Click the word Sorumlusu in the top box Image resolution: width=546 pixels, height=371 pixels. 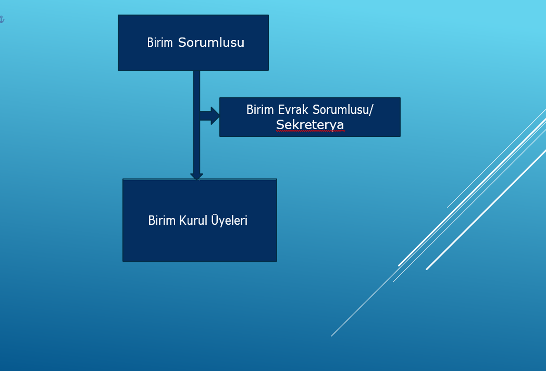click(211, 43)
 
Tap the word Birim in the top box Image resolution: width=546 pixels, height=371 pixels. click(160, 43)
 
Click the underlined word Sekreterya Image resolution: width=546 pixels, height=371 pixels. click(310, 124)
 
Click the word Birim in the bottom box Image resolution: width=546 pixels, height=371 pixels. click(162, 221)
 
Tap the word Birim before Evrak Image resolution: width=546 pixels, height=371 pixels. click(260, 109)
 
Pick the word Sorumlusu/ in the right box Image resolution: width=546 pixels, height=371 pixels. click(343, 109)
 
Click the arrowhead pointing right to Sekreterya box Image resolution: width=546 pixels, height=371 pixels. click(215, 116)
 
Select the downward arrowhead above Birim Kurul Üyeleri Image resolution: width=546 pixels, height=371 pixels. click(197, 176)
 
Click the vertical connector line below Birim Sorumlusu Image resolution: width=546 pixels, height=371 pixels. click(197, 122)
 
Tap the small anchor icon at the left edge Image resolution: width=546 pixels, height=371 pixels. click(2, 19)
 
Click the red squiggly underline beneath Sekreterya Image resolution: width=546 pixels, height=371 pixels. click(310, 131)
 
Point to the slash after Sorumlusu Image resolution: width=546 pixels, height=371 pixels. click(371, 109)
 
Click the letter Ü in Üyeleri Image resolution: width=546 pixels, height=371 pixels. click(215, 219)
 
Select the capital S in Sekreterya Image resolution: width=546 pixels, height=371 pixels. click(280, 124)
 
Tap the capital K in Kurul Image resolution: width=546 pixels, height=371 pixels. click(183, 221)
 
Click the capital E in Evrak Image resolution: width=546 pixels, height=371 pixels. click(281, 109)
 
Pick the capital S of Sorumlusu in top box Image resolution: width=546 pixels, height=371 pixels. click(182, 43)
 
